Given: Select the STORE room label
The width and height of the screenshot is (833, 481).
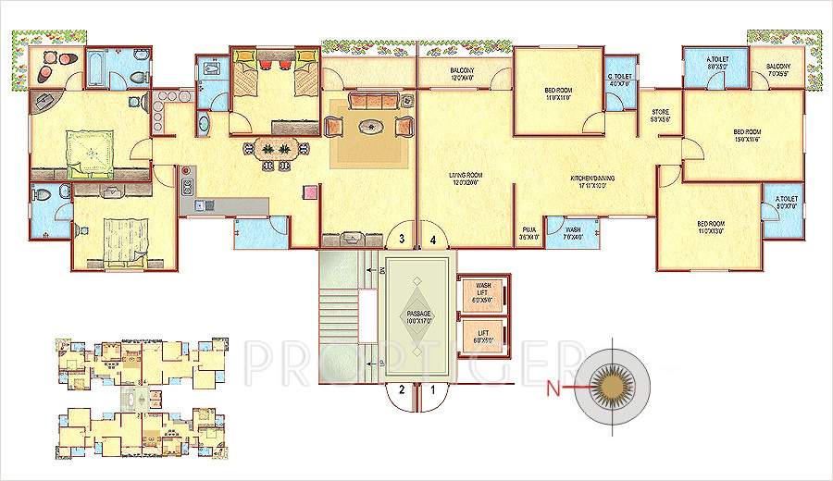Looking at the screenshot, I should (659, 116).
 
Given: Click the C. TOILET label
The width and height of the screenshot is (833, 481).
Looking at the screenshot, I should (620, 80).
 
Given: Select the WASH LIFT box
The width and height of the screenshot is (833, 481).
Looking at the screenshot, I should (482, 294).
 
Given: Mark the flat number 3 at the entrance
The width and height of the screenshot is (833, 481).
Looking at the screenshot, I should (401, 239).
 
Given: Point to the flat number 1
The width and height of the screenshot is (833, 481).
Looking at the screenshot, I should (432, 389).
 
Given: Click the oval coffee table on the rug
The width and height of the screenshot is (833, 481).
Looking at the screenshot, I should (373, 127).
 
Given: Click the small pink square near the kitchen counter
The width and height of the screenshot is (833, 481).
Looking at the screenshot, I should (310, 192).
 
